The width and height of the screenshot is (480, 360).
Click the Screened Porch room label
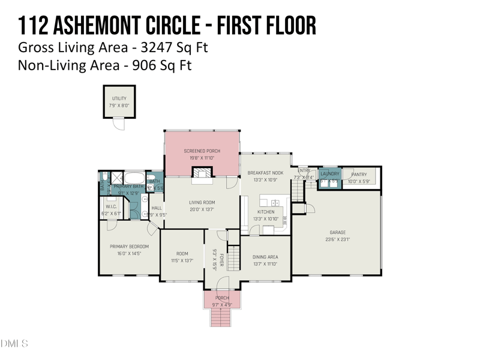202,151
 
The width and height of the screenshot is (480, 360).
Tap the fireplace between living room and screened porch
202,173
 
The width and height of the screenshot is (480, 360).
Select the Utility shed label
119,98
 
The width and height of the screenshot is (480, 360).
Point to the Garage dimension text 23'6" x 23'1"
337,239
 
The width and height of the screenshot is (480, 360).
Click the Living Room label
202,203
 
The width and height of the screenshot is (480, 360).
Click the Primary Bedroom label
128,247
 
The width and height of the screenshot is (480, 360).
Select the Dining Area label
265,257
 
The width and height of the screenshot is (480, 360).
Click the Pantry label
359,175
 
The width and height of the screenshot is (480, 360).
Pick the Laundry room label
330,174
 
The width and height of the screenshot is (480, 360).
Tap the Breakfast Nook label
265,173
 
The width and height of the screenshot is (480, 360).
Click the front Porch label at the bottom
222,298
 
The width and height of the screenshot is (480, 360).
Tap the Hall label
157,208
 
